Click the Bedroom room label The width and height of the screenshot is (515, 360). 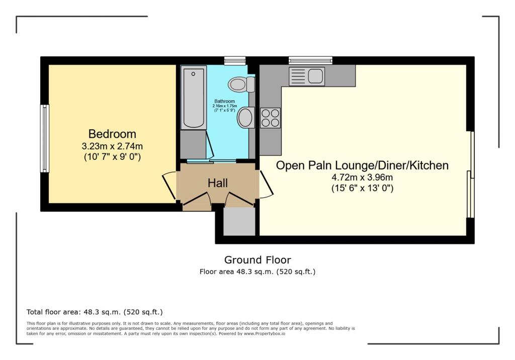click(x=112, y=134)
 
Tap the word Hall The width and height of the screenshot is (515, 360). click(x=218, y=183)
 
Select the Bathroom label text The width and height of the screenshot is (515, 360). click(x=225, y=101)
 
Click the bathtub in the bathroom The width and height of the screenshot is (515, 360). click(x=194, y=97)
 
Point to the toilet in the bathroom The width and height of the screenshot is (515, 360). click(x=242, y=84)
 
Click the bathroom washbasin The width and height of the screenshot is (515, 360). click(x=246, y=117)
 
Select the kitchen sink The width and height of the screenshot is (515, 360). click(x=307, y=76)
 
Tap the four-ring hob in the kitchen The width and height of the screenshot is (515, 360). click(x=270, y=118)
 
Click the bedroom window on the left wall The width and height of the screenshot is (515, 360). click(x=45, y=138)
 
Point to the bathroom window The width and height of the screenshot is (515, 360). click(x=235, y=61)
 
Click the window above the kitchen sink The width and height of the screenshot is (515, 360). click(x=310, y=60)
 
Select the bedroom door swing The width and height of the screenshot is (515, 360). click(x=169, y=186)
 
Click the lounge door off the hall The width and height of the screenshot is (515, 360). click(x=267, y=184)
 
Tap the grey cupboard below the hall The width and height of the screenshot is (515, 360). click(x=239, y=221)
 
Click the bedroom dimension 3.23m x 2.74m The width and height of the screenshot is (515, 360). click(x=112, y=146)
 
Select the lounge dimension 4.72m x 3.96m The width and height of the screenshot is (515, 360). click(x=362, y=177)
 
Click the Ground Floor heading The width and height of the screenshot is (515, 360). click(x=257, y=260)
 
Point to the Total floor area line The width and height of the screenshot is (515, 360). click(x=95, y=312)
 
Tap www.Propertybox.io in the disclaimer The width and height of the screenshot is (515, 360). click(x=265, y=333)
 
